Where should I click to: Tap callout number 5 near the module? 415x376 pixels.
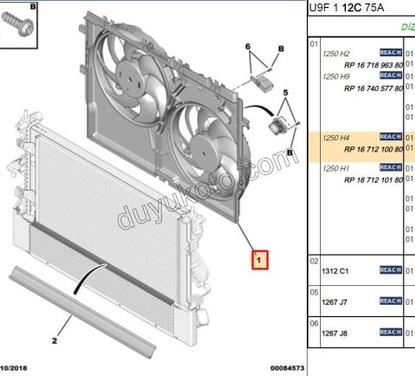pos(285,91)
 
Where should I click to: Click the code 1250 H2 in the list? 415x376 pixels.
pos(336,53)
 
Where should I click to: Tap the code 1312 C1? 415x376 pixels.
pos(335,270)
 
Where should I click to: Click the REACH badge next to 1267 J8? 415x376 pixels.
pos(391,331)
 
